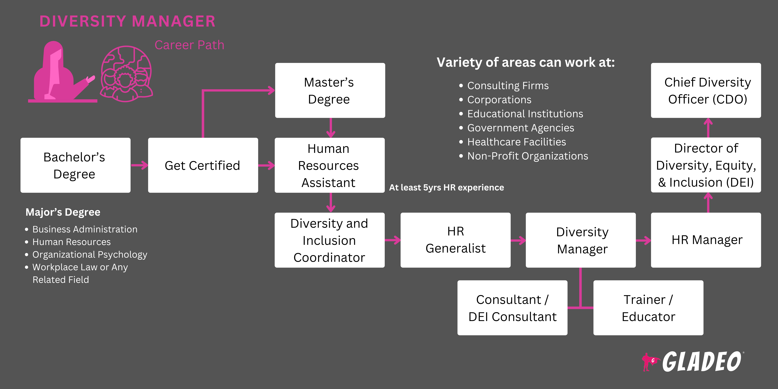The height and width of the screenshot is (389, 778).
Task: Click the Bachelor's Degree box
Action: (x=75, y=165)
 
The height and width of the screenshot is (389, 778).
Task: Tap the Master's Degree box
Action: (x=330, y=90)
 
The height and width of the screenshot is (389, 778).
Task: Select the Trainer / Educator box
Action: (x=648, y=308)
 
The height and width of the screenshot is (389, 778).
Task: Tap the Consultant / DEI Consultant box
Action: (x=512, y=308)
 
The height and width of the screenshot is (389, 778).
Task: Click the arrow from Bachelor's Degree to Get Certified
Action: (x=140, y=165)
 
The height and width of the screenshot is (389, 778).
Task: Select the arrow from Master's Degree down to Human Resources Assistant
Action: (x=331, y=128)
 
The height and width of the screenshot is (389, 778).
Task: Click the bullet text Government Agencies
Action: (x=520, y=128)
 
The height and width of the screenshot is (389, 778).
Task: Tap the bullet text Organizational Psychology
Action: (x=90, y=255)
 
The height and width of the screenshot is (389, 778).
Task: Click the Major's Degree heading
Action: (x=63, y=212)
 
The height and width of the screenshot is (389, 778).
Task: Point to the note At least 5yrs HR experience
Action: (x=446, y=188)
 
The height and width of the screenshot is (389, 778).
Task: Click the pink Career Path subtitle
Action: (x=189, y=45)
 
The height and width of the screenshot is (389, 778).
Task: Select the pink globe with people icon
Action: (x=127, y=74)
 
